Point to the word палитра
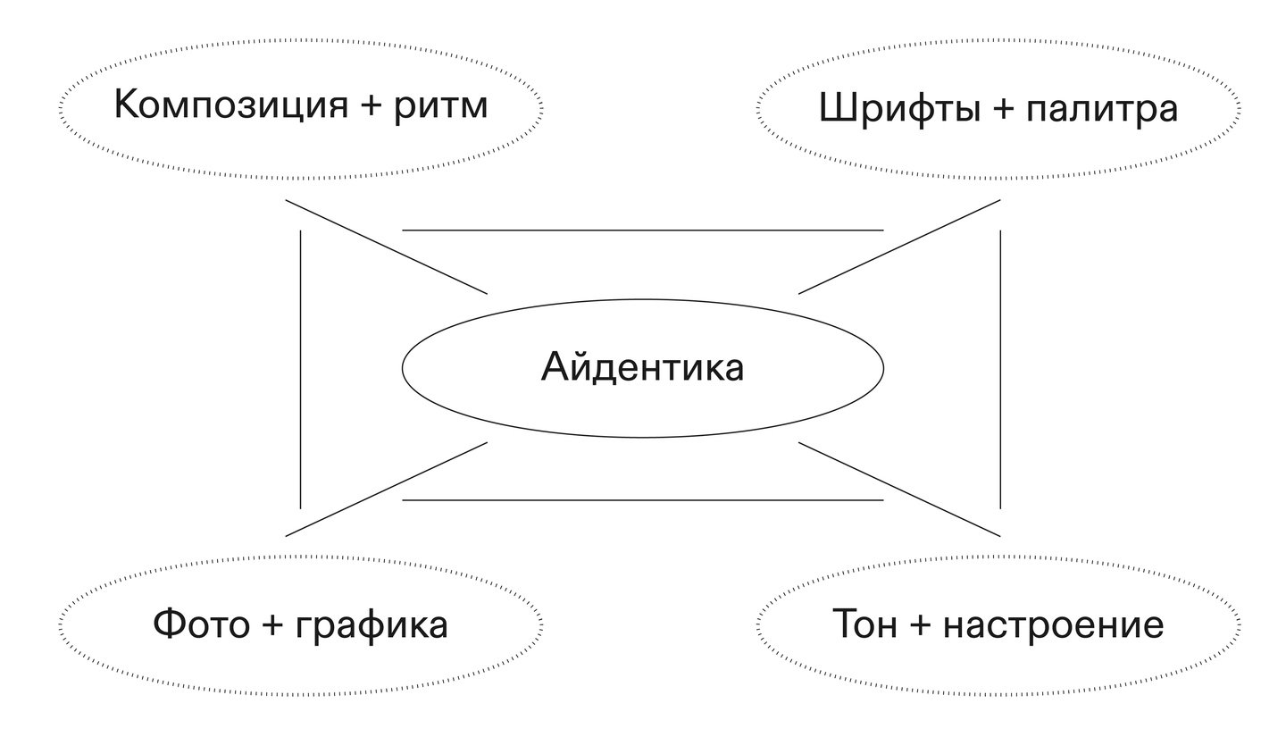1102,109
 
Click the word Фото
202,624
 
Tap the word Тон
864,624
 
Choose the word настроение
1054,624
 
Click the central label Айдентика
642,367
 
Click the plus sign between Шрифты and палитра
1004,109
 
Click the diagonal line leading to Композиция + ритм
386,247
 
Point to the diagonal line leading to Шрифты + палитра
899,247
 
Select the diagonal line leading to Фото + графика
386,489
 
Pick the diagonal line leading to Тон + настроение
899,489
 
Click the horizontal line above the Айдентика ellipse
642,230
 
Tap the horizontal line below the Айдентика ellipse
642,500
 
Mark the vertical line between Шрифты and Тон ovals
1000,369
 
